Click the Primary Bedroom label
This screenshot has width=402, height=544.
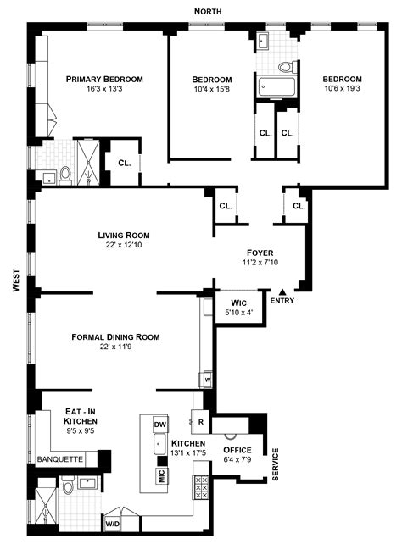(x=104, y=79)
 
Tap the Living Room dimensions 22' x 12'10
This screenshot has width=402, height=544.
(x=124, y=245)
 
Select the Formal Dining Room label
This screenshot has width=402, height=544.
(x=115, y=337)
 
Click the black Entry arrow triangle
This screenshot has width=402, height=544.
(x=282, y=292)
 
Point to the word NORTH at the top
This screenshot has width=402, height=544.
(x=208, y=12)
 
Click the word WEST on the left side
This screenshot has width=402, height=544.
(x=16, y=280)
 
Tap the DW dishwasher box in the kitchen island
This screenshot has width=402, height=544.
(x=160, y=425)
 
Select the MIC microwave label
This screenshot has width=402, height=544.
(x=162, y=475)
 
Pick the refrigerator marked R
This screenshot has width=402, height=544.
(x=201, y=422)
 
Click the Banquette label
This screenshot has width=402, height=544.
(x=60, y=459)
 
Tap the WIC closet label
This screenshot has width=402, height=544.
(x=239, y=303)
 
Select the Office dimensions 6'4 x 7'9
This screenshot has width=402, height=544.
(x=237, y=459)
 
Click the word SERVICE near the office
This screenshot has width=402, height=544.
(x=276, y=464)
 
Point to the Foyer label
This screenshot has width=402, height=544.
(x=260, y=253)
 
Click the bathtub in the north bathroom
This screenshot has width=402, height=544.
(x=276, y=86)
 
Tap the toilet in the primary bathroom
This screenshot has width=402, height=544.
(x=65, y=175)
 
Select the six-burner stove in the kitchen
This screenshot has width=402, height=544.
(x=201, y=487)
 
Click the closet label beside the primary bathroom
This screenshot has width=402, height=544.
(x=125, y=163)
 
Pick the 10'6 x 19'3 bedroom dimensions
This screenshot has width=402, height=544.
(x=343, y=88)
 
